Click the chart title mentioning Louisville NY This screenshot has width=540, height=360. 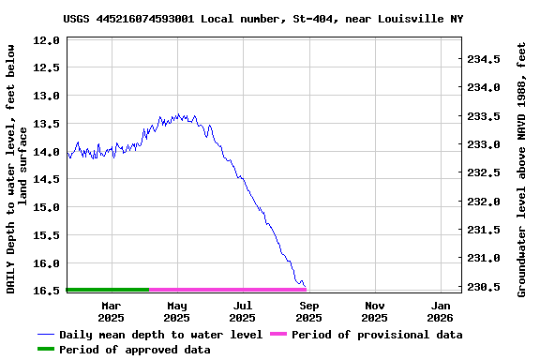coord(263,19)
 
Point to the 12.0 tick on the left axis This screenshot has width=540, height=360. coord(47,40)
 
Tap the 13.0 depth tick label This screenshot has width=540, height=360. coord(47,96)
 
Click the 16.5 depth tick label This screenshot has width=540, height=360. coord(47,291)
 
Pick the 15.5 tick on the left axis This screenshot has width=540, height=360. coord(47,235)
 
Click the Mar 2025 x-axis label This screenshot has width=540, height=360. coord(111,311)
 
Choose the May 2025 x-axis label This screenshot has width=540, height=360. coord(176,311)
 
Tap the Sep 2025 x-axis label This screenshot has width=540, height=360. coord(308,311)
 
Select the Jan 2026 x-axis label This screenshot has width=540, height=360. coord(441,311)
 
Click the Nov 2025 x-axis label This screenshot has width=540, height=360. coord(375,311)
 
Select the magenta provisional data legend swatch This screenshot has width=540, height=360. coord(278,335)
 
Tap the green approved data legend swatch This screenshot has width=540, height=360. coord(46,350)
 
